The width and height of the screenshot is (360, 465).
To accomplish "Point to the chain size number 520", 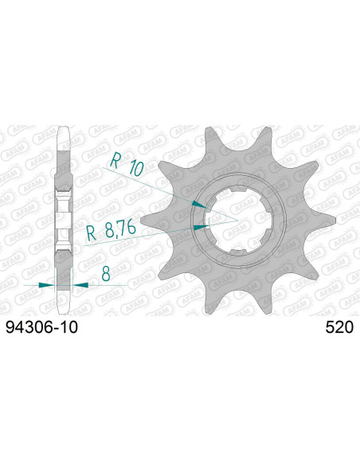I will [341, 327].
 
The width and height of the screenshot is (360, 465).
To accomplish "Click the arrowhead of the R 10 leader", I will [200, 203].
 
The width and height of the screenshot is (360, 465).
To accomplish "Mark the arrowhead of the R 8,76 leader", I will [198, 226].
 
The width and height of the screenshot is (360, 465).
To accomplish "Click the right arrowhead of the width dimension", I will [75, 284].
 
